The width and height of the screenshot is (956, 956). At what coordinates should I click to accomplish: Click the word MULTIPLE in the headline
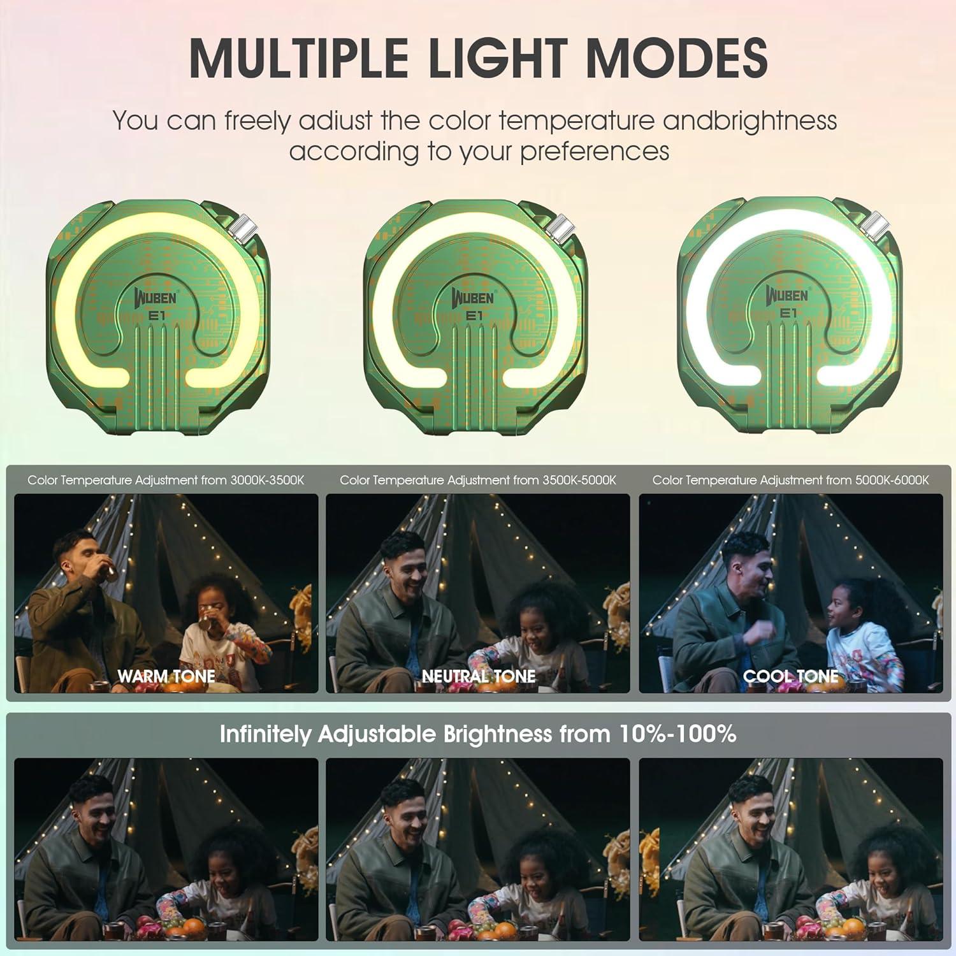(x=298, y=58)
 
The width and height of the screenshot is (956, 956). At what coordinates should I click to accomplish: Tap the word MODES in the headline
(x=677, y=58)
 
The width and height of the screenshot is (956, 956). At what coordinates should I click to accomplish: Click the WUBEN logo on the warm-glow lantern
(x=156, y=297)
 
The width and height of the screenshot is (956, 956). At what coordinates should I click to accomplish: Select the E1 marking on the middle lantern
(x=474, y=315)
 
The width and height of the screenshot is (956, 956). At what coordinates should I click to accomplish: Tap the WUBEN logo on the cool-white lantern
(x=787, y=295)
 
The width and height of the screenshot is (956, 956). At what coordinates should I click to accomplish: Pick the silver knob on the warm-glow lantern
(x=244, y=228)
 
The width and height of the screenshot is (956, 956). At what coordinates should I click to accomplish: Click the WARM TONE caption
(x=166, y=676)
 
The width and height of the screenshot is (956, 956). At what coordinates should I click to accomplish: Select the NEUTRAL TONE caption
(x=479, y=676)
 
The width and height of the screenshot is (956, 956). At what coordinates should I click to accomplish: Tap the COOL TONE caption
(x=791, y=676)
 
